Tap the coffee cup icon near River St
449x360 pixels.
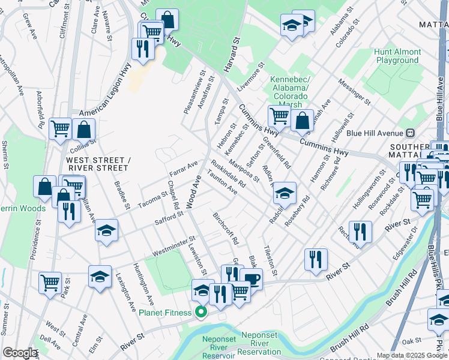(x=252, y=278)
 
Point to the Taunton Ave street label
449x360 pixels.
(x=221, y=182)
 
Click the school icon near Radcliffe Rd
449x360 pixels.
(x=285, y=193)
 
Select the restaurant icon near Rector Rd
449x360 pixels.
(x=360, y=231)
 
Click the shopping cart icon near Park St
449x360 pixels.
(x=50, y=281)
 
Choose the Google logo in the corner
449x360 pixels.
(x=20, y=353)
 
